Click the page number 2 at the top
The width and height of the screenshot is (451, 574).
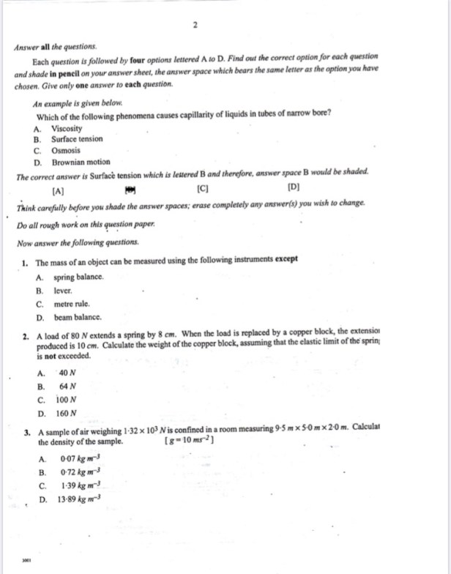point(196,25)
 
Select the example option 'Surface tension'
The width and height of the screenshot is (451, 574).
point(77,138)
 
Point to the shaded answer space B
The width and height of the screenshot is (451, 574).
point(131,189)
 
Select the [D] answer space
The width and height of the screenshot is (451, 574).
point(294,189)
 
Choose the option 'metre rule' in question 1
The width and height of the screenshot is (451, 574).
point(72,304)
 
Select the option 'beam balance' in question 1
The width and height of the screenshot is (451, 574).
point(77,318)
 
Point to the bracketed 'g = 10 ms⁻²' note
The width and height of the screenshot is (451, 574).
point(191,443)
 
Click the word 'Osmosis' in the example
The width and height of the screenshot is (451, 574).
point(66,150)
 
